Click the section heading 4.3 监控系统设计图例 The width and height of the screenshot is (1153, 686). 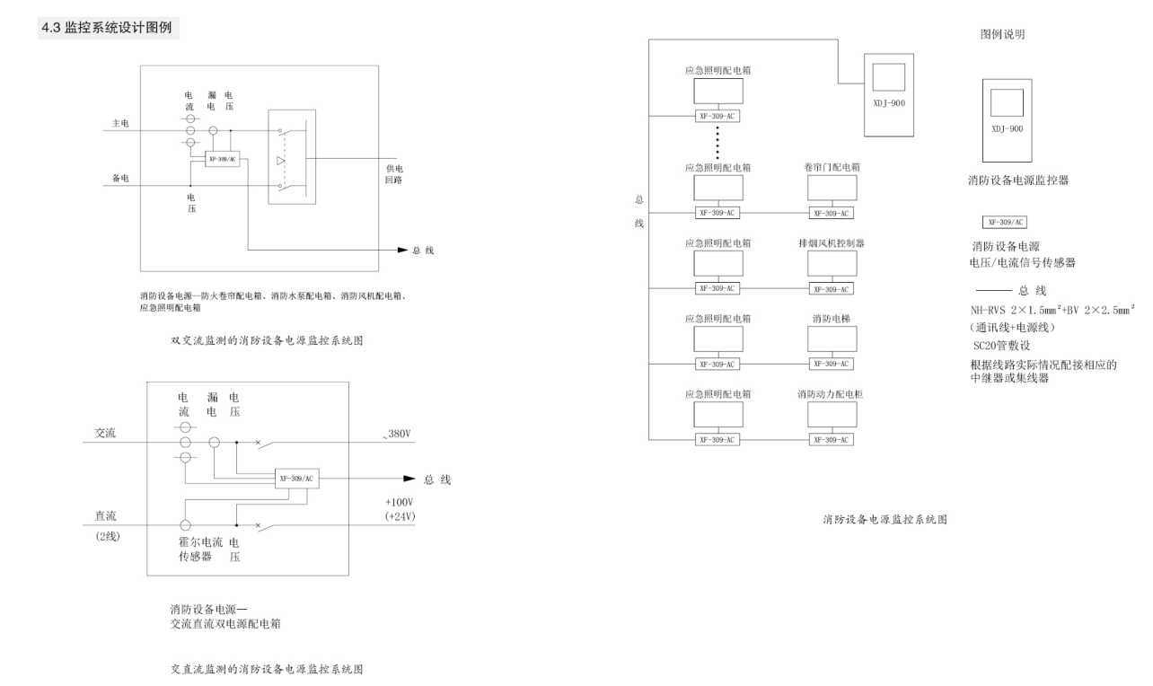point(110,30)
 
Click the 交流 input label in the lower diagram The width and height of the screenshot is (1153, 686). point(106,433)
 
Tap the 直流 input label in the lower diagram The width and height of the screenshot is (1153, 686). point(106,515)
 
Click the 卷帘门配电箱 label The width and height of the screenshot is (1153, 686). point(830,168)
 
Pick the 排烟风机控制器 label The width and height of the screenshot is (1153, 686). point(831,243)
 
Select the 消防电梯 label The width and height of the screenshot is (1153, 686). point(830,319)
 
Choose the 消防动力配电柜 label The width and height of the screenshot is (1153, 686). point(831,394)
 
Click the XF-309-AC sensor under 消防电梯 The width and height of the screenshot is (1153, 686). point(831,364)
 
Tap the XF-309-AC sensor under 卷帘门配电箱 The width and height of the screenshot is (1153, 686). point(831,213)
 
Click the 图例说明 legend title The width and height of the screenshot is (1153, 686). point(1002,34)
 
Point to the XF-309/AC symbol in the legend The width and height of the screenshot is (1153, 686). point(1006,221)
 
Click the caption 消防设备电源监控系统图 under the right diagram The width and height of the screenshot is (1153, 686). point(885,519)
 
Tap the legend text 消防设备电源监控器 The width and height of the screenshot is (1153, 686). point(1014,180)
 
